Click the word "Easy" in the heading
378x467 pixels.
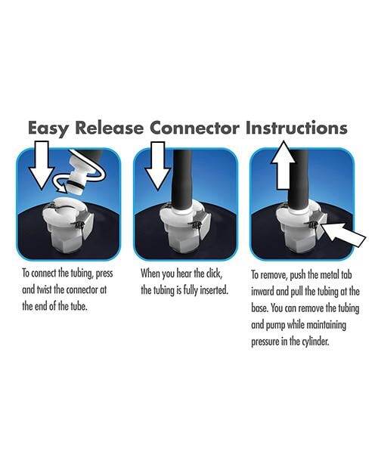[48, 128]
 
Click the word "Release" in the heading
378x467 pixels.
[109, 128]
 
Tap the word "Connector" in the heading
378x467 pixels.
[194, 128]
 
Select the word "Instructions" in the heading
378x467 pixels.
[296, 128]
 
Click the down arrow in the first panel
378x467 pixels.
[42, 165]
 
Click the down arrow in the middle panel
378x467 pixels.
[158, 165]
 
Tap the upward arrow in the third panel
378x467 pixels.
[283, 165]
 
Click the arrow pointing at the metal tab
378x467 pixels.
[344, 235]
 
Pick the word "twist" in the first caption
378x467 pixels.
[44, 289]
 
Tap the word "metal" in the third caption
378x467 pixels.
[329, 274]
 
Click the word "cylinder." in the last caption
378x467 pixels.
[315, 342]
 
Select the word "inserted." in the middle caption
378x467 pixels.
[214, 290]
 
